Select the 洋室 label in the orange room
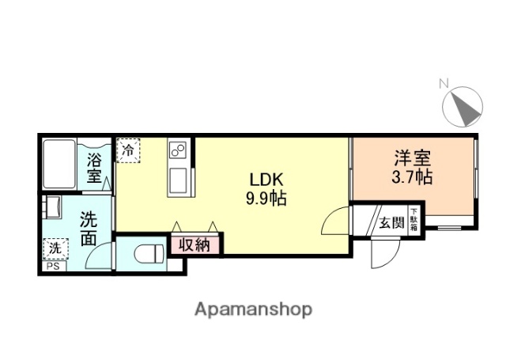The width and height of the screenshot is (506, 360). pos(412,157)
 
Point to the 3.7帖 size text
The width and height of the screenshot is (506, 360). pos(412,176)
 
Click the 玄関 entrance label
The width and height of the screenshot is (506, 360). pos(391,222)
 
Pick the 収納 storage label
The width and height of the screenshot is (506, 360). pos(194,244)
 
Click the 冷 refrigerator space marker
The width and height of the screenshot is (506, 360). pos(128,150)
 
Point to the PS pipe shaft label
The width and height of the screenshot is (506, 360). pos(52,266)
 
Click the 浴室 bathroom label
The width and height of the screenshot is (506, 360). pos(95,168)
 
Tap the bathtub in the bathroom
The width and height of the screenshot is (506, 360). pos(60,164)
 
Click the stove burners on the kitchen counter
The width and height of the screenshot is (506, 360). pos(178,150)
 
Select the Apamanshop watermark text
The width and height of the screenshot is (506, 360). pos(253,309)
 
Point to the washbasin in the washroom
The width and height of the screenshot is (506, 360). pos(52,207)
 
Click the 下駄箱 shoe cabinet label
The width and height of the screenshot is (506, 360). pos(413,218)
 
